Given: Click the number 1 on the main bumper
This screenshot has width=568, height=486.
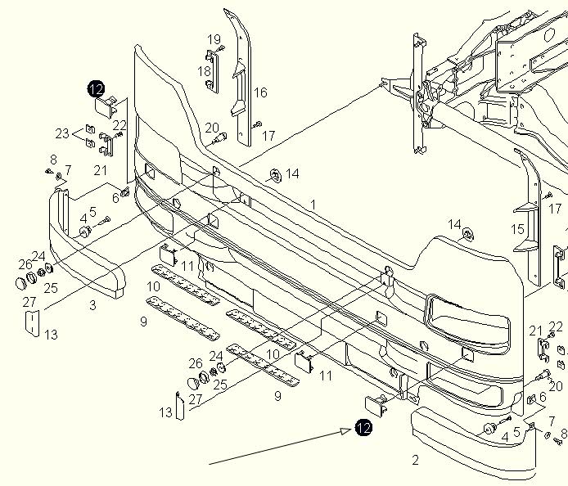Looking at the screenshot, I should [x=313, y=204].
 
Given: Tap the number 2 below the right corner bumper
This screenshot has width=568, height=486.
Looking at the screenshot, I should [x=415, y=460].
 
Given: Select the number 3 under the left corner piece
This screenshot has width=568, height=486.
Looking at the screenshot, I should [x=92, y=305].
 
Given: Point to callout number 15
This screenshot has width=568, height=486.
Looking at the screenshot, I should [x=517, y=230].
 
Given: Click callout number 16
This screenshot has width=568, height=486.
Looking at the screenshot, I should [x=260, y=93].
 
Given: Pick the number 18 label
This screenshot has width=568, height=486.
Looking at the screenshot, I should [x=204, y=72].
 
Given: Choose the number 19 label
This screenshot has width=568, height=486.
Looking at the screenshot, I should [x=214, y=39].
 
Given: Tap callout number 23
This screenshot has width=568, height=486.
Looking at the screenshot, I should [x=63, y=133].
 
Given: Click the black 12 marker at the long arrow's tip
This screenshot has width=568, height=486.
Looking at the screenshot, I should [x=363, y=427].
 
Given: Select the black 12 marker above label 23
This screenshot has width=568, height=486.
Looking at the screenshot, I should [x=97, y=88].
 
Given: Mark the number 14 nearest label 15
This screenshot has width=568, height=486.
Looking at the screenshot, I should [x=455, y=224].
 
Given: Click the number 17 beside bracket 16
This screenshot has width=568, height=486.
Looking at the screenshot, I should [x=268, y=136].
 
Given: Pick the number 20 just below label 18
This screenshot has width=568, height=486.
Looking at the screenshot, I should [x=212, y=128].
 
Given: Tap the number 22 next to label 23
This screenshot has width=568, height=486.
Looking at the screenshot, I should [x=119, y=125].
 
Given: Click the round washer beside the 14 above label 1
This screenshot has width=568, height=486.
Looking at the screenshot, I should [x=274, y=174].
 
